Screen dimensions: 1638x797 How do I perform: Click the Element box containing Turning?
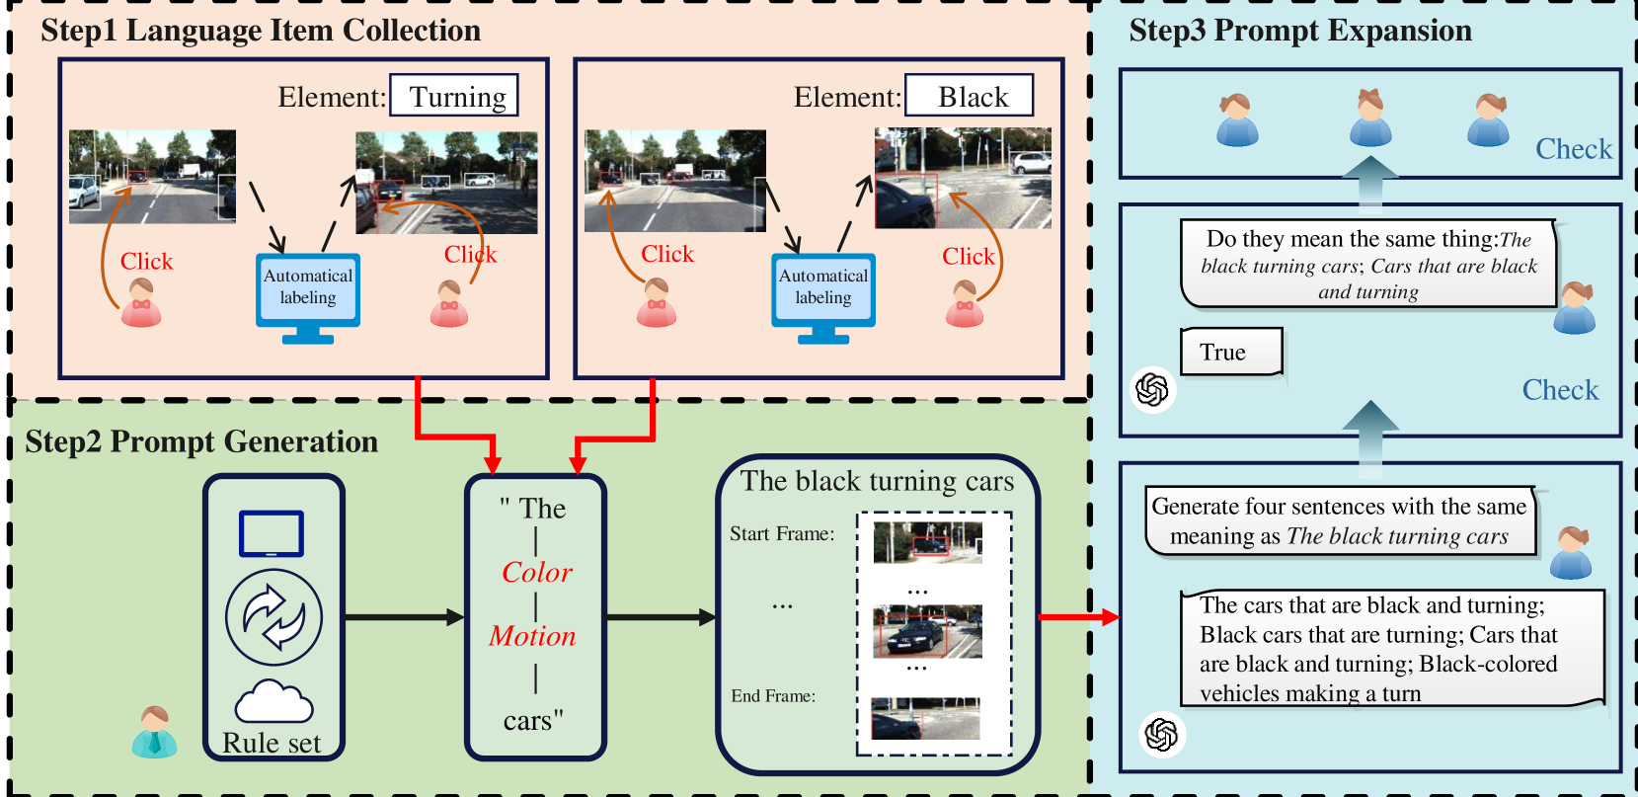[x=454, y=95]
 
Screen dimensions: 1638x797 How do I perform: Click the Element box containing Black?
[x=969, y=95]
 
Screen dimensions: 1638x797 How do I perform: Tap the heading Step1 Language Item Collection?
[x=261, y=31]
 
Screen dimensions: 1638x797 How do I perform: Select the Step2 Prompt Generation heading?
[x=201, y=441]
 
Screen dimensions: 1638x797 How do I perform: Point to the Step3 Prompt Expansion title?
[x=1300, y=31]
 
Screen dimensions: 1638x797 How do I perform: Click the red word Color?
[x=537, y=572]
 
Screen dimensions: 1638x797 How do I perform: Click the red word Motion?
[x=532, y=636]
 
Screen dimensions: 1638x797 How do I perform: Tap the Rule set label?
[x=273, y=743]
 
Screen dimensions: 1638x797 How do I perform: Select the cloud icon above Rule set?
[x=274, y=701]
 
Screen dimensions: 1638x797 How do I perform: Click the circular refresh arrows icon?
[x=273, y=617]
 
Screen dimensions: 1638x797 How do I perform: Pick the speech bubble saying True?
[x=1231, y=352]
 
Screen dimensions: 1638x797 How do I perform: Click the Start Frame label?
[x=782, y=533]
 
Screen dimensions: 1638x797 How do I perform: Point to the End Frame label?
[x=773, y=696]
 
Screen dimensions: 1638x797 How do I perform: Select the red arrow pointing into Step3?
[x=1079, y=617]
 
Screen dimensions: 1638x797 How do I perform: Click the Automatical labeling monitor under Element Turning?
[x=308, y=297]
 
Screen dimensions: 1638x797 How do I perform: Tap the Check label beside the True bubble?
[x=1560, y=390]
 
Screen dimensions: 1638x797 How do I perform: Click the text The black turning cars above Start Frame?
[x=878, y=481]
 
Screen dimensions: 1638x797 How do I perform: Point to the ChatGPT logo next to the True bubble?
[x=1153, y=389]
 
